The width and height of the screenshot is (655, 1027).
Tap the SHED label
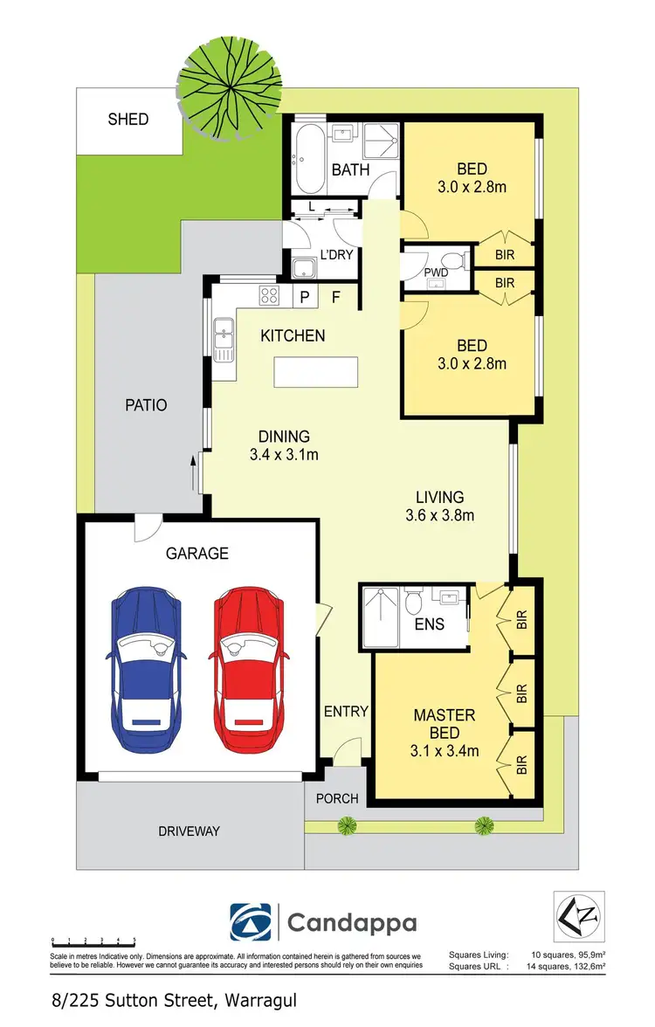[x=128, y=119]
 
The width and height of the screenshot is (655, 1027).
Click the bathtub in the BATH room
[x=309, y=162]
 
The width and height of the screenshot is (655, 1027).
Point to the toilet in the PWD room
[x=451, y=260]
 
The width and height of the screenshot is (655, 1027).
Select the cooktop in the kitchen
[x=269, y=296]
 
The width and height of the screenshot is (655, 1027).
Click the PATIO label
[x=145, y=405]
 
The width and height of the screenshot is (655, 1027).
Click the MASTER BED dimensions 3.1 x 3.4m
[x=445, y=748]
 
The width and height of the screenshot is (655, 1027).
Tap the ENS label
[x=430, y=624]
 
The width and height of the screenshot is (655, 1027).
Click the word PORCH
[x=337, y=798]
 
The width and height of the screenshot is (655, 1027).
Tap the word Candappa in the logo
[x=352, y=923]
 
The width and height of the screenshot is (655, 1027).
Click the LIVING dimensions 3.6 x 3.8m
[x=439, y=515]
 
